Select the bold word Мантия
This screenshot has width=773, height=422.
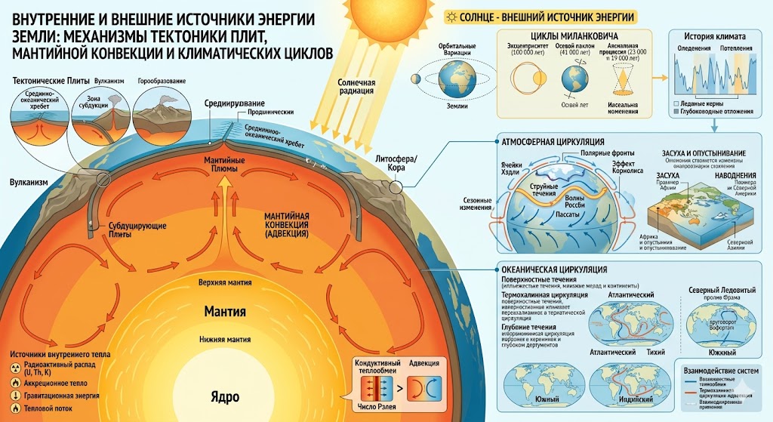(x=226, y=310)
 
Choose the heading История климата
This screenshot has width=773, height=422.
(x=714, y=36)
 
